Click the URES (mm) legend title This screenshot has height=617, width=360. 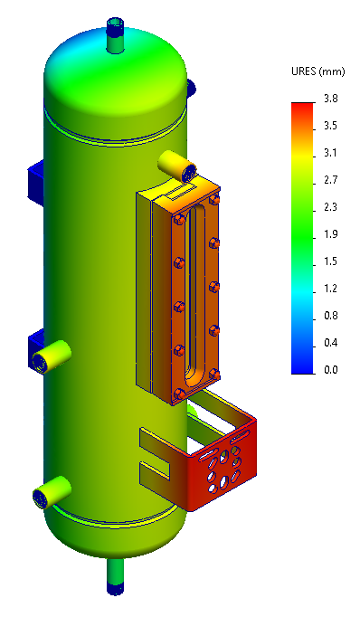316,71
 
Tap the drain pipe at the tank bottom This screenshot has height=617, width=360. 116,574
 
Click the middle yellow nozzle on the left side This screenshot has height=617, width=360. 52,356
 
